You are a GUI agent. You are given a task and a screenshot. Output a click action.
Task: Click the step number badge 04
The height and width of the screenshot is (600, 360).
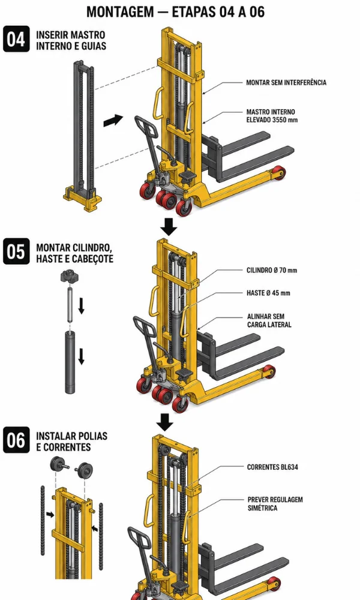pos(16,38)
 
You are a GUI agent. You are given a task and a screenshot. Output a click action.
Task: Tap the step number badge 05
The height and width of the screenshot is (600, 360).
pos(16,251)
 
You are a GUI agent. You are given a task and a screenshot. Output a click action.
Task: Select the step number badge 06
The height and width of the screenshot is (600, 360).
pos(16,440)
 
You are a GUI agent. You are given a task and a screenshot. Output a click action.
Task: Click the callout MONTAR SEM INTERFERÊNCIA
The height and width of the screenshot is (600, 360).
pos(286,82)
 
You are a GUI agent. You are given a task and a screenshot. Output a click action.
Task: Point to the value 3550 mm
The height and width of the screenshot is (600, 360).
pos(284,120)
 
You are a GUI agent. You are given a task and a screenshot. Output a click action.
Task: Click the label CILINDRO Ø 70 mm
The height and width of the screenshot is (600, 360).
pos(272,270)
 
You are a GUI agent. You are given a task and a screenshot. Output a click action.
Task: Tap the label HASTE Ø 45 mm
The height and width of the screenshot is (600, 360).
pos(268,293)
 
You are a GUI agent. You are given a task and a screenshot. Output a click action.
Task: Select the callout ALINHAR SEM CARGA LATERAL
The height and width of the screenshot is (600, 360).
pos(269,320)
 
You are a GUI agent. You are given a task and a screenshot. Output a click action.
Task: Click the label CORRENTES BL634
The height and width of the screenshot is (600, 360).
pos(272,467)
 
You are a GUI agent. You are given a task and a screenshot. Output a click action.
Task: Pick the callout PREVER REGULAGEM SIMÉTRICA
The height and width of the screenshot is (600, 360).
pos(275,503)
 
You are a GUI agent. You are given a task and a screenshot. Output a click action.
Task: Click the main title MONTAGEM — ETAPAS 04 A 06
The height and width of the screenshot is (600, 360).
pos(176,11)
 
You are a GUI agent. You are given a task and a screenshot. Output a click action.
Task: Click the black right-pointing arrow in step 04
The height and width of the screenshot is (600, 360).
pos(113,121)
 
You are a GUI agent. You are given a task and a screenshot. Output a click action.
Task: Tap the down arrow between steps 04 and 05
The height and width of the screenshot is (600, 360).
pos(169,227)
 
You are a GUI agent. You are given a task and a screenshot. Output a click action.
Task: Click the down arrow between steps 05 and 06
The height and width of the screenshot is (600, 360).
pos(165,422)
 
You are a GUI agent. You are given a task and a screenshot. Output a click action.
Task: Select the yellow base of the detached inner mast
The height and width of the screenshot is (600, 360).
pos(83,198)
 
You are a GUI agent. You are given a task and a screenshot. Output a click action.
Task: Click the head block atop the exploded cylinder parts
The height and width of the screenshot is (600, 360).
pos(69,276)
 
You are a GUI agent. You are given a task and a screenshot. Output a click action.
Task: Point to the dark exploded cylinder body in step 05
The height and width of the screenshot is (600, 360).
pos(70,362)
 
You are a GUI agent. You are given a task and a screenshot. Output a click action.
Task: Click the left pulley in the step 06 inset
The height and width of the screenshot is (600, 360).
pos(59,464)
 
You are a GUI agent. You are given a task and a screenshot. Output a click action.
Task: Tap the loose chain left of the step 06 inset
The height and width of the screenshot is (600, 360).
pos(43,520)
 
